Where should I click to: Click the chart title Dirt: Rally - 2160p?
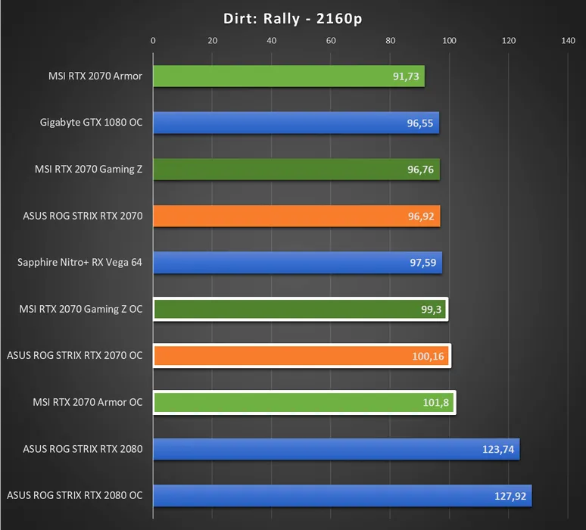pyautogui.click(x=293, y=18)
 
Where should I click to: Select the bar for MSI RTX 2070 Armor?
pyautogui.click(x=288, y=76)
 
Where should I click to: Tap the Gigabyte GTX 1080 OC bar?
pyautogui.click(x=295, y=123)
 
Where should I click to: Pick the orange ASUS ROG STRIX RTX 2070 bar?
pyautogui.click(x=295, y=216)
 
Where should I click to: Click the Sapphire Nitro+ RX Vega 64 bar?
pyautogui.click(x=297, y=263)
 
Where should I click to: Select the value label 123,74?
pyautogui.click(x=497, y=449)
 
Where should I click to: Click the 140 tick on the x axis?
pyautogui.click(x=568, y=41)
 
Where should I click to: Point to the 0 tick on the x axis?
pyautogui.click(x=153, y=41)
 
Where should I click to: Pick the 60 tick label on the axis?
pyautogui.click(x=331, y=41)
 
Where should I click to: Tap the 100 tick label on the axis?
pyautogui.click(x=449, y=41)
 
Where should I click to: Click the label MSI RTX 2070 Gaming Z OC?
pyautogui.click(x=81, y=309)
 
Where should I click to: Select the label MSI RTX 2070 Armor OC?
pyautogui.click(x=88, y=402)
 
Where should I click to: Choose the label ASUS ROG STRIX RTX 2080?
pyautogui.click(x=83, y=449)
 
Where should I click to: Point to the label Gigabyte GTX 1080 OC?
pyautogui.click(x=91, y=123)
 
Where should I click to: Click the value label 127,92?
pyautogui.click(x=510, y=496)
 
